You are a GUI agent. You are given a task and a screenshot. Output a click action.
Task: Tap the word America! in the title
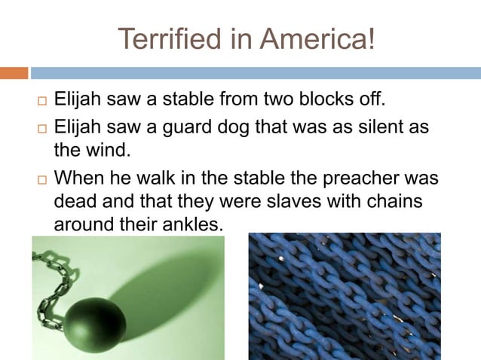pyautogui.click(x=317, y=38)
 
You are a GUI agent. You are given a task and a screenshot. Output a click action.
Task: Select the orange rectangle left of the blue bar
pyautogui.click(x=14, y=73)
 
